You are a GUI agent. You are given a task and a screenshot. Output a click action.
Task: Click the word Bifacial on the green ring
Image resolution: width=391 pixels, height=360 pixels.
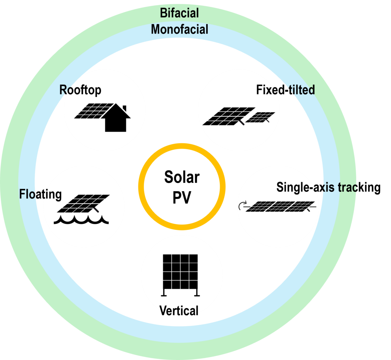click(179, 13)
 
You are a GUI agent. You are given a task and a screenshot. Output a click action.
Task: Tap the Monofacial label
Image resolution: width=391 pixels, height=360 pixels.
click(180, 29)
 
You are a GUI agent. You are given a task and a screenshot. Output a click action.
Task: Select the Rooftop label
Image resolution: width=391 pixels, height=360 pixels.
click(80, 90)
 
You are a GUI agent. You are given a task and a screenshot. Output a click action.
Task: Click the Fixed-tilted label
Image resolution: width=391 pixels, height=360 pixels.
click(285, 90)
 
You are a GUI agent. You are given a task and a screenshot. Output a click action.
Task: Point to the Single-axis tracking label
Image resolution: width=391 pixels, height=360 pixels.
click(328, 188)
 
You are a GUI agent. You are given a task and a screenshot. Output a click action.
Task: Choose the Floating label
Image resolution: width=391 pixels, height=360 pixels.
click(40, 194)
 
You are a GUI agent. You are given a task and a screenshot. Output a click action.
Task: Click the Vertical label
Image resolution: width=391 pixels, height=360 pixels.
click(179, 310)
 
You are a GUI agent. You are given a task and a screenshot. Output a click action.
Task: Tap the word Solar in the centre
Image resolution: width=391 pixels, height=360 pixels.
click(182, 177)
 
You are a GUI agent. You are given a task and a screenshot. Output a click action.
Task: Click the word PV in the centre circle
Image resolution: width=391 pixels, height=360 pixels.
click(181, 197)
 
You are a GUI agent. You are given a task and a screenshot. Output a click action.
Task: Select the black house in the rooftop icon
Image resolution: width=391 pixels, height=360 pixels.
click(116, 122)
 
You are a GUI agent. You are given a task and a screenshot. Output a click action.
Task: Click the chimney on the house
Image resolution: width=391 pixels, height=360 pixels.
click(124, 108)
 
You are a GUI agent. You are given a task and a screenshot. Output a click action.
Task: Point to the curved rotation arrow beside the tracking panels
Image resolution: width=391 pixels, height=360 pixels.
click(242, 206)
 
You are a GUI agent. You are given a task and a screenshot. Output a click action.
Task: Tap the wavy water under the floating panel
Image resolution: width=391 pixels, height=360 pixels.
click(81, 220)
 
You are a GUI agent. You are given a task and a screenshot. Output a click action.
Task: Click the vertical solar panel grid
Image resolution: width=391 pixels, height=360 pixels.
click(180, 271)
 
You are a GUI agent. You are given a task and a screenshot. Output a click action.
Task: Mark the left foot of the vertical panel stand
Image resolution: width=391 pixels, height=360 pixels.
click(164, 295)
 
